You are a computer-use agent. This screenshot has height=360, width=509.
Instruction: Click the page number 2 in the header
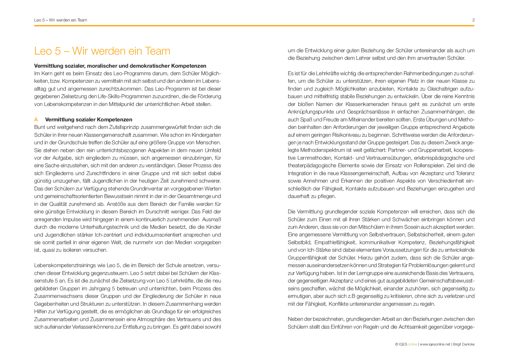(x=473, y=20)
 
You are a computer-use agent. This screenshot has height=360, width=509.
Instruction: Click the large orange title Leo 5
(x=102, y=51)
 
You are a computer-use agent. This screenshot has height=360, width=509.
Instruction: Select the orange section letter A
(x=36, y=120)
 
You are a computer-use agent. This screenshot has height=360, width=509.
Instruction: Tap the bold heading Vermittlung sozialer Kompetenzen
(x=89, y=120)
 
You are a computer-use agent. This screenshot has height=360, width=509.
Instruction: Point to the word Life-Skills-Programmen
(x=123, y=96)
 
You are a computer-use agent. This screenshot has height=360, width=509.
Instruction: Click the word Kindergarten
(x=207, y=135)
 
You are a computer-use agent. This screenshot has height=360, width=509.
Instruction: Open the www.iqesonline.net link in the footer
(x=435, y=344)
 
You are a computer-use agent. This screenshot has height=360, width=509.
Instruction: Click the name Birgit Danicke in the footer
(x=464, y=344)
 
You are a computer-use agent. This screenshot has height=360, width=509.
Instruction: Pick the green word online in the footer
(x=412, y=344)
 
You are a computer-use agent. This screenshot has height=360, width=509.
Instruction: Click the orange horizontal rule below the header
(x=254, y=26)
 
